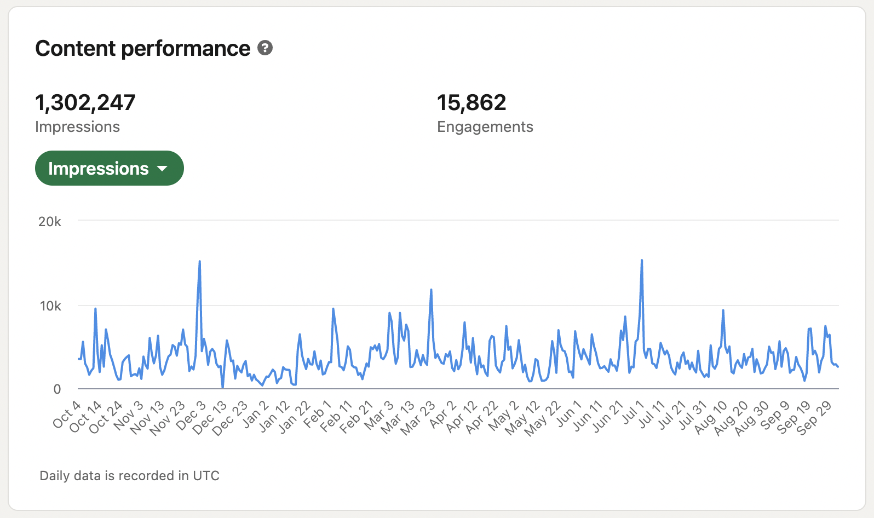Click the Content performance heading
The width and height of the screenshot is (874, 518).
click(142, 49)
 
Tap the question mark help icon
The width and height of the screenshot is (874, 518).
click(265, 48)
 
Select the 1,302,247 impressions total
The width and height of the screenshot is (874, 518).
click(85, 102)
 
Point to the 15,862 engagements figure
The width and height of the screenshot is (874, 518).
click(472, 102)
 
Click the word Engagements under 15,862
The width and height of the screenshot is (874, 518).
click(485, 127)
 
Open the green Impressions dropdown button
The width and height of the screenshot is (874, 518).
click(109, 168)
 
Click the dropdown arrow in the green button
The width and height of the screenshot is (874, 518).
click(162, 169)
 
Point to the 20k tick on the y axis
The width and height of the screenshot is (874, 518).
click(49, 222)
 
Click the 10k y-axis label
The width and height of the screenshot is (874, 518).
click(50, 306)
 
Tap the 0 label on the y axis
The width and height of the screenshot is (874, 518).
click(57, 389)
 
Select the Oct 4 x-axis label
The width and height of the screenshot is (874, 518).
click(67, 415)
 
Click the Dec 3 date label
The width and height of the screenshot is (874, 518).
click(191, 416)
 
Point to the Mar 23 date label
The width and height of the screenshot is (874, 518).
click(418, 418)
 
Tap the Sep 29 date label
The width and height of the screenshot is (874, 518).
click(814, 418)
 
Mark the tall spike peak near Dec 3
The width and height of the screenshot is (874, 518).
click(199, 261)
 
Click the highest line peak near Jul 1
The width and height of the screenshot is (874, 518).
click(641, 260)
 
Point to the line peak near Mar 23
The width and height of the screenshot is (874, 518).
click(431, 290)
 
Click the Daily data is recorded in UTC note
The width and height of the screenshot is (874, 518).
click(129, 476)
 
